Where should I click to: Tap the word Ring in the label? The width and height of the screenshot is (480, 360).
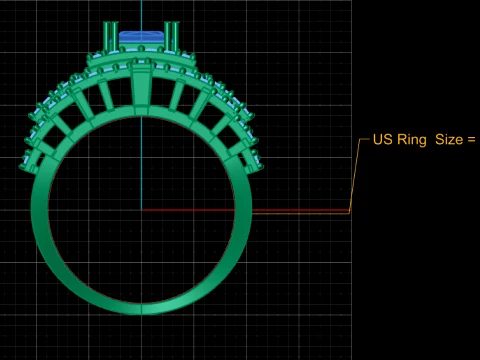pyautogui.click(x=412, y=140)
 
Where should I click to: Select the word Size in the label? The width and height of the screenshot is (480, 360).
pyautogui.click(x=449, y=139)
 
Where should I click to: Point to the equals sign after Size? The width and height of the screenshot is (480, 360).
pyautogui.click(x=471, y=140)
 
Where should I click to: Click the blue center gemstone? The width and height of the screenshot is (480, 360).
pyautogui.click(x=141, y=37)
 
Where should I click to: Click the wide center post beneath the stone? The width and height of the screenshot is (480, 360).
pyautogui.click(x=141, y=88)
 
